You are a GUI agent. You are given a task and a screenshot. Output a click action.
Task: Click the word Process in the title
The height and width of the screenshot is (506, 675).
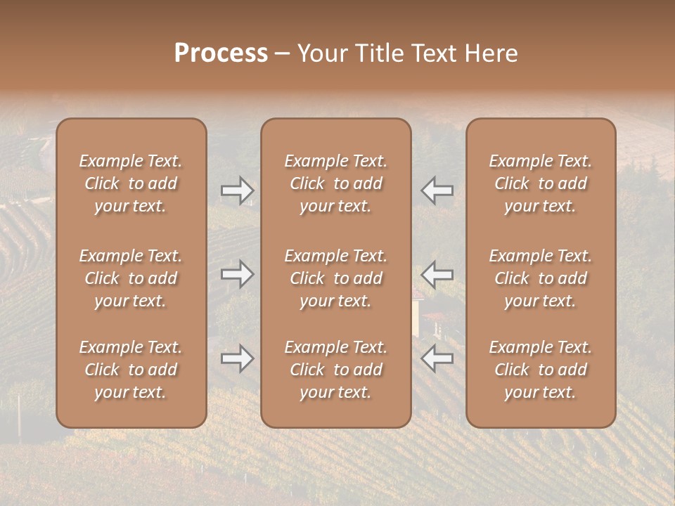click(221, 53)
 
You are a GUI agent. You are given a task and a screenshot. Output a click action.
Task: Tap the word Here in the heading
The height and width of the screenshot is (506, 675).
click(491, 53)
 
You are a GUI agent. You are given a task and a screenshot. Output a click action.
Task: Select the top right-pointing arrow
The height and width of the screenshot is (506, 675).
click(237, 190)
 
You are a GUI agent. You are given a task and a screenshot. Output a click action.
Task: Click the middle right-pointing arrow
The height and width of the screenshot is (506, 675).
click(237, 273)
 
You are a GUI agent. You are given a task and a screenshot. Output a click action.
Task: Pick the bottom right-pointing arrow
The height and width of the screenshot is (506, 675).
click(237, 358)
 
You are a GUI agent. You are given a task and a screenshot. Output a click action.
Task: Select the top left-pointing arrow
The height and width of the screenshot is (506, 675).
click(437, 190)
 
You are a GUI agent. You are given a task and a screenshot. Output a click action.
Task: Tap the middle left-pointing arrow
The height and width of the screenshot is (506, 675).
click(437, 273)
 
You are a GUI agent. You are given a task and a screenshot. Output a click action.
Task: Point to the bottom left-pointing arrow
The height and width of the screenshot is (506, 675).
click(437, 358)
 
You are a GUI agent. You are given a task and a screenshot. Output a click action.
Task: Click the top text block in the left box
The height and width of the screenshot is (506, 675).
click(131, 183)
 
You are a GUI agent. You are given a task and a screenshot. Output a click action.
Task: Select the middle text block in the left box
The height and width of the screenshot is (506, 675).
click(131, 278)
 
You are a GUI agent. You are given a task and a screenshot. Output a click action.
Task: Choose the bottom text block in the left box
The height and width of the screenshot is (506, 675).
click(131, 370)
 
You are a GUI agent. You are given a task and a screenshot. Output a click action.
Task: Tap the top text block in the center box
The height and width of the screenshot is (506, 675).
click(336, 183)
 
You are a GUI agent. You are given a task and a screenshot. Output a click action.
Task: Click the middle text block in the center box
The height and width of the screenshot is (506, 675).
click(336, 278)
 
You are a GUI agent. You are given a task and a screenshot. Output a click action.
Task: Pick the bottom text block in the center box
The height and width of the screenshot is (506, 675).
click(336, 370)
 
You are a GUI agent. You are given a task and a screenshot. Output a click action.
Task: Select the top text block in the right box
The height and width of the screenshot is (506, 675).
click(541, 183)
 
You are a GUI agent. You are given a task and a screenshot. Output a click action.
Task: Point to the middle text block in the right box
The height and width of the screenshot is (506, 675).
click(541, 278)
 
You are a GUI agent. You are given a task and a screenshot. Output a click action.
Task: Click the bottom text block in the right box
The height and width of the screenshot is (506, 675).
click(541, 370)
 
